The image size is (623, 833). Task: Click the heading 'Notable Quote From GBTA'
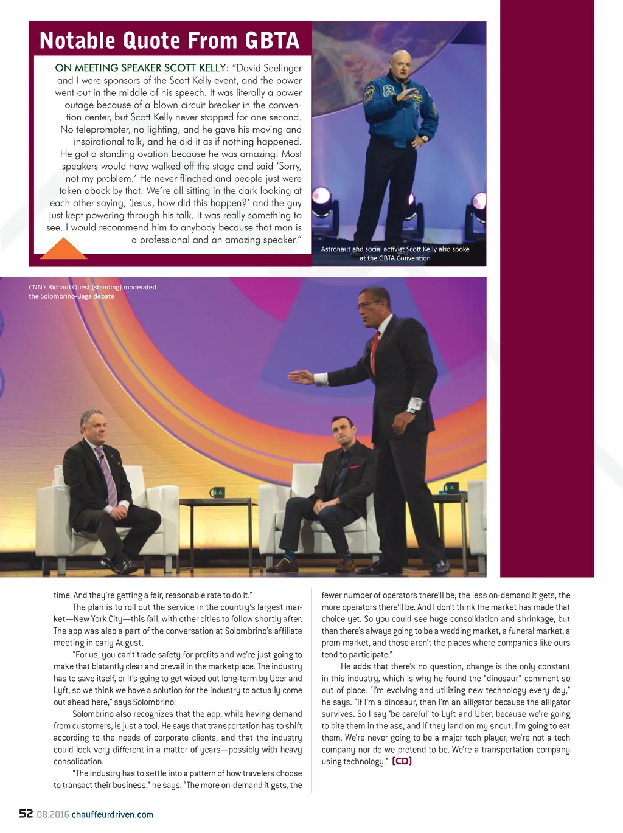(x=169, y=41)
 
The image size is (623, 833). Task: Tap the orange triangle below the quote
(x=63, y=249)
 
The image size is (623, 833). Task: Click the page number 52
(x=26, y=814)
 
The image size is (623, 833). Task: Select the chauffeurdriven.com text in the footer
(x=113, y=815)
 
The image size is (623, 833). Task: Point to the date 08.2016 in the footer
(x=53, y=815)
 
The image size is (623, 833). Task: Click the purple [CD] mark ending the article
(x=402, y=761)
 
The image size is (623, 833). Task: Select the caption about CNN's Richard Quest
(x=92, y=291)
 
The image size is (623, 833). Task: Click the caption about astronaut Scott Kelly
(x=395, y=254)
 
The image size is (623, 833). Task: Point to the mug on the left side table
(x=217, y=492)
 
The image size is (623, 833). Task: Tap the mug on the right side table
(x=450, y=488)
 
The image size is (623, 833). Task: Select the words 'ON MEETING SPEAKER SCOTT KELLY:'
(x=142, y=68)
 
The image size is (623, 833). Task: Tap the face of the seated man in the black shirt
(x=342, y=434)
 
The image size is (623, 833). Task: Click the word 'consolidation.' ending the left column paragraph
(x=78, y=761)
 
